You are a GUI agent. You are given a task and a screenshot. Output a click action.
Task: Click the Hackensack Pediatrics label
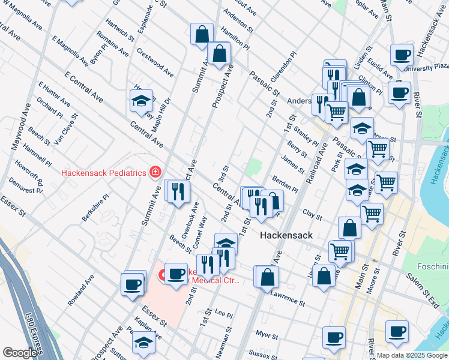(104, 173)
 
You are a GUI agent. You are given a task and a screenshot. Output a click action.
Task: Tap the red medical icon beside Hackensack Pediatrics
(155, 172)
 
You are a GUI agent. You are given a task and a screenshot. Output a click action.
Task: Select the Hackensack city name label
(286, 236)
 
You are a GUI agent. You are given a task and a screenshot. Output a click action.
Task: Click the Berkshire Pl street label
(96, 207)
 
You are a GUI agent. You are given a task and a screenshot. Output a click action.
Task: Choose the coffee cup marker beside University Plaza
(402, 56)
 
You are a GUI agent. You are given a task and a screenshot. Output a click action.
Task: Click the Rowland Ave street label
(81, 290)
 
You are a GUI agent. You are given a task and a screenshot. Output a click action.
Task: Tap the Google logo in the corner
(20, 353)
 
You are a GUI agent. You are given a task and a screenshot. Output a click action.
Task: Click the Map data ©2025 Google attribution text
(411, 355)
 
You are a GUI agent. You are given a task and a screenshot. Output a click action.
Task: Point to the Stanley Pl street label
(307, 138)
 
